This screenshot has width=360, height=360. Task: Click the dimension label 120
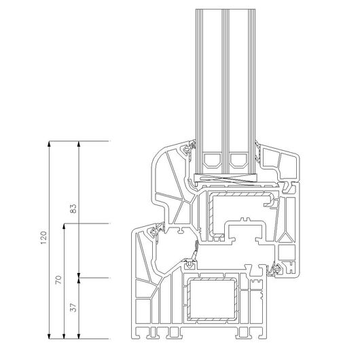click(43, 238)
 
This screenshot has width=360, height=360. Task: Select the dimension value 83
click(73, 209)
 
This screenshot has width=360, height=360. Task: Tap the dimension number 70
click(59, 280)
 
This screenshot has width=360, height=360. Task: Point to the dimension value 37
click(73, 308)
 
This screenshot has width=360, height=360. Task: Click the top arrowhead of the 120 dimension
click(49, 143)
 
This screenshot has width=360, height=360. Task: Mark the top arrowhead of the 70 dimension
click(64, 226)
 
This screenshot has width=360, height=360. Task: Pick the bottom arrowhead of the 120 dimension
click(49, 336)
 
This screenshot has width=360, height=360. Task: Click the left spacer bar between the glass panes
click(213, 160)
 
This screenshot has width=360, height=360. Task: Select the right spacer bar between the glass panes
click(238, 160)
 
